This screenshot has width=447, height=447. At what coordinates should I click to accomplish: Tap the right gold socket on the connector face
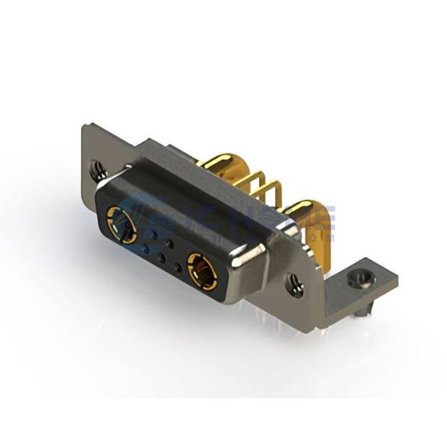202,270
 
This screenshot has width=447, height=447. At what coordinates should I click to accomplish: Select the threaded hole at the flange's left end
98,171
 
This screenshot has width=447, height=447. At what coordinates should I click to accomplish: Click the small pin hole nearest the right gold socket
177,266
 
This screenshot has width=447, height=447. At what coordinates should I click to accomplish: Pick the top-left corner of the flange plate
83,127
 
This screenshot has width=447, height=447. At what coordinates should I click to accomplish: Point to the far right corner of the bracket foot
397,281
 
